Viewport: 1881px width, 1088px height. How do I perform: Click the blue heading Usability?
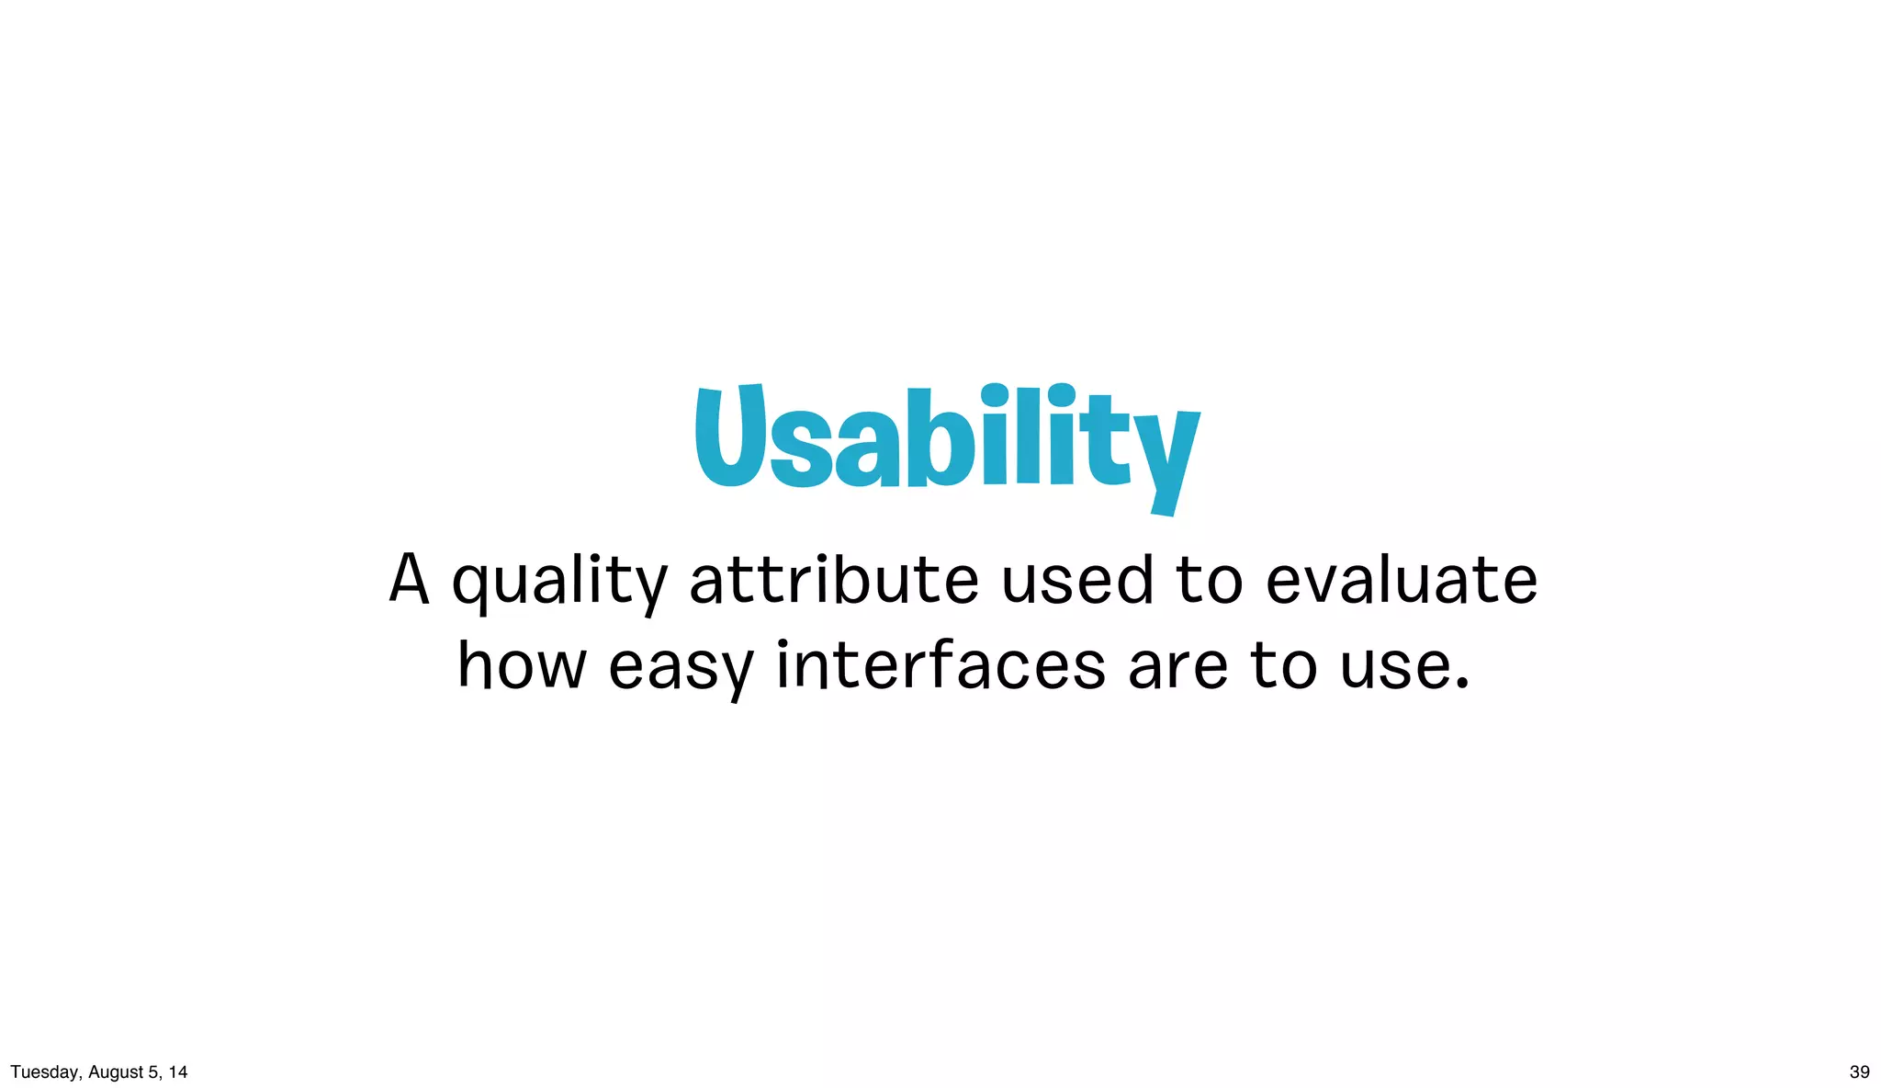(946, 441)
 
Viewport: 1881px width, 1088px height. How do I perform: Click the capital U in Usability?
(729, 436)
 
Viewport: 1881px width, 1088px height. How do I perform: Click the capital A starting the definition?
(409, 579)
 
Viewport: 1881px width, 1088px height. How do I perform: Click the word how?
(522, 665)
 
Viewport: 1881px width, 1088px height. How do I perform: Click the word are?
(1177, 667)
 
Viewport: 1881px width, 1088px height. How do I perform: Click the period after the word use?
(1463, 685)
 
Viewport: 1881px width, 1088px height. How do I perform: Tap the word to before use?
(1283, 665)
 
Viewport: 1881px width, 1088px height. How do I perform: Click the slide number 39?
(1859, 1071)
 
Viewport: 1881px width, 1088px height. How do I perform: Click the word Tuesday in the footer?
(43, 1072)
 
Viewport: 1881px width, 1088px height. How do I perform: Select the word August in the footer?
(116, 1072)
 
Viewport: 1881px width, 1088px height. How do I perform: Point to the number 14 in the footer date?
(178, 1071)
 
